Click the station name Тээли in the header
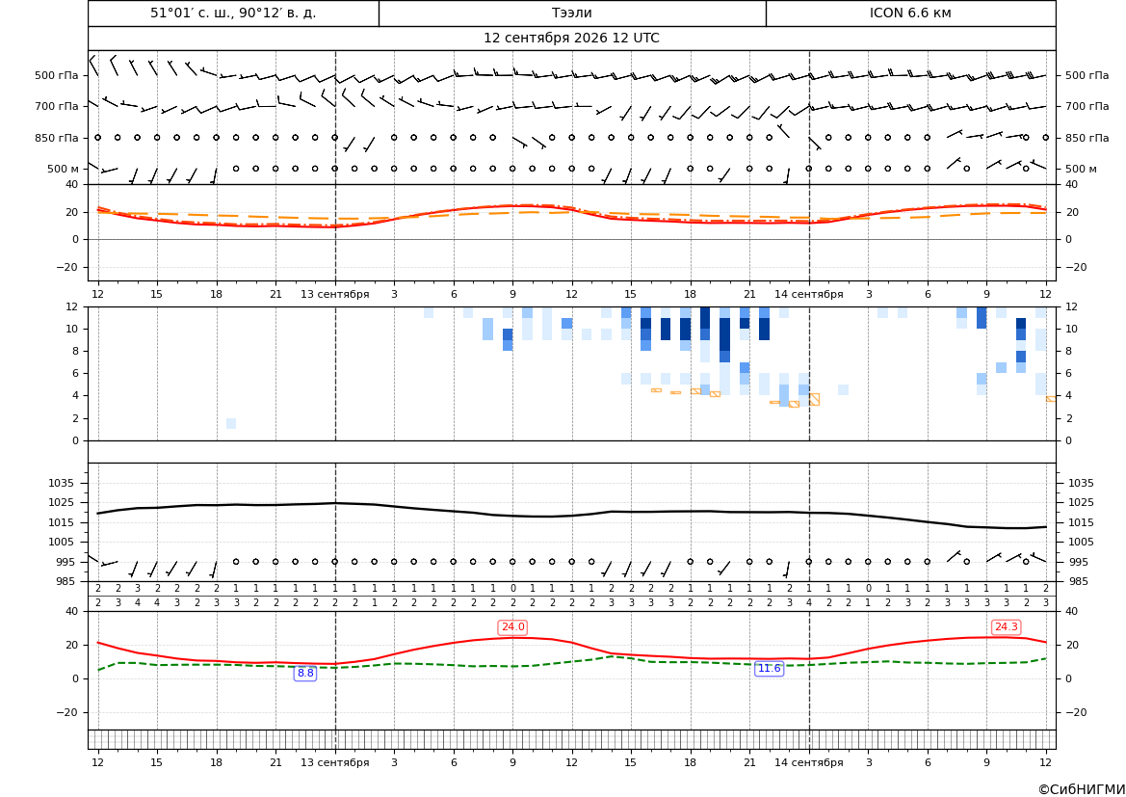click(571, 13)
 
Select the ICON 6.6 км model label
click(910, 13)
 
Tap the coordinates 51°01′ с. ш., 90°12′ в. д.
click(233, 13)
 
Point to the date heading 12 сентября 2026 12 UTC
click(571, 39)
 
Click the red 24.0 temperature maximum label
click(512, 627)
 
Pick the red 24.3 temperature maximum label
click(1006, 627)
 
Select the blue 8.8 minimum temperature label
click(305, 674)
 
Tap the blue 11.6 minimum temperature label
click(769, 669)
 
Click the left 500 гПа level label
click(57, 75)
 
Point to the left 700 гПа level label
click(57, 106)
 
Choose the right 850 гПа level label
click(1087, 138)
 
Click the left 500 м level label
click(64, 169)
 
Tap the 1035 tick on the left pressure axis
click(64, 483)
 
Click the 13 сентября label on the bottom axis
click(334, 762)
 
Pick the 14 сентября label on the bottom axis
click(808, 762)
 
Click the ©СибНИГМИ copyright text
click(1081, 790)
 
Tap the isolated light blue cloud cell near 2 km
click(230, 423)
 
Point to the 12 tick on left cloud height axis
click(72, 306)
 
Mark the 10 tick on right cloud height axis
click(1071, 330)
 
